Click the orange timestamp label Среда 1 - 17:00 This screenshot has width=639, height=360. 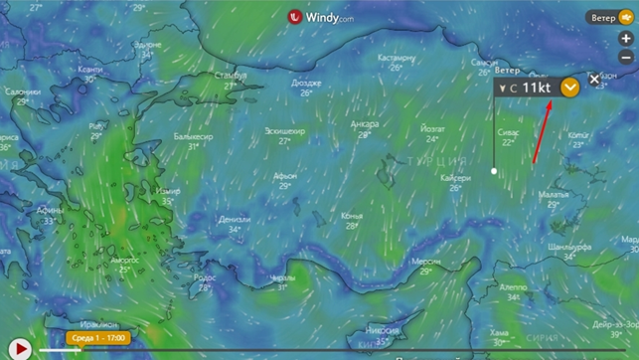coord(97,338)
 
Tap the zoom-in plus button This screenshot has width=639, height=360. coord(625,39)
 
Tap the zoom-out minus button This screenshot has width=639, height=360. coord(625,58)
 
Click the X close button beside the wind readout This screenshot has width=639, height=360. coord(594,80)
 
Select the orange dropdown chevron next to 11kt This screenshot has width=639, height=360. coord(569,88)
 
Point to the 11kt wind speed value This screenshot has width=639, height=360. coord(537,88)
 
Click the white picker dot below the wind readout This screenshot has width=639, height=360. coord(494,171)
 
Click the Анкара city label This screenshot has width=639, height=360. coord(365,124)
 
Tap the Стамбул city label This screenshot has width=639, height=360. coord(230,75)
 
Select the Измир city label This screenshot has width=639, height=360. coord(169,190)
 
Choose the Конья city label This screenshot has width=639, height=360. coord(352,215)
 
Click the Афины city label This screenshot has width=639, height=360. coord(51,210)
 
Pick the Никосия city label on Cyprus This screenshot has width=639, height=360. coord(383,329)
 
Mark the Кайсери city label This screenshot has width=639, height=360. coord(454,178)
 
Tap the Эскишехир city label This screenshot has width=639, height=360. coord(284,130)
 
